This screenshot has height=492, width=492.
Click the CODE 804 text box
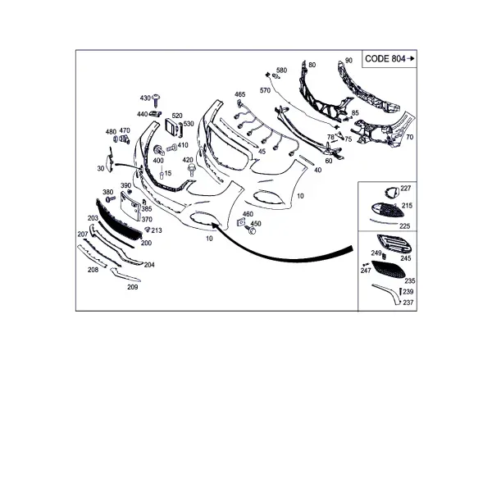point(389,59)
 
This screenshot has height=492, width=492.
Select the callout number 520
point(177,116)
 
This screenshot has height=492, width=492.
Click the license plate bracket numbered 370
point(130,207)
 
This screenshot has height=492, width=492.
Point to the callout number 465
point(240,94)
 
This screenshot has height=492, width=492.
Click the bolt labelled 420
point(191,171)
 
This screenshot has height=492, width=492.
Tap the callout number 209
point(132,287)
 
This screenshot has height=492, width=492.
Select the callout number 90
point(349,61)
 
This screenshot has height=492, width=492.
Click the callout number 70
point(409,137)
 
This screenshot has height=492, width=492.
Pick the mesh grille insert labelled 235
point(389,269)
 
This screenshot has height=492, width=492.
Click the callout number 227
point(406,189)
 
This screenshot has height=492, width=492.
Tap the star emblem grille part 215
point(387,211)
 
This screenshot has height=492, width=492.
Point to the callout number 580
point(281,71)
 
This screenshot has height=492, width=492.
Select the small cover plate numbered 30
point(110,160)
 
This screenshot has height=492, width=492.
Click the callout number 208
point(93,270)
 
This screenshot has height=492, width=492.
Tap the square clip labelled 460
point(240,222)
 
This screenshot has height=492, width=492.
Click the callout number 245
point(406,258)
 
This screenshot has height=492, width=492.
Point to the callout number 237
point(408,303)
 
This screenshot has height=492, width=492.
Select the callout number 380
point(108,192)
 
